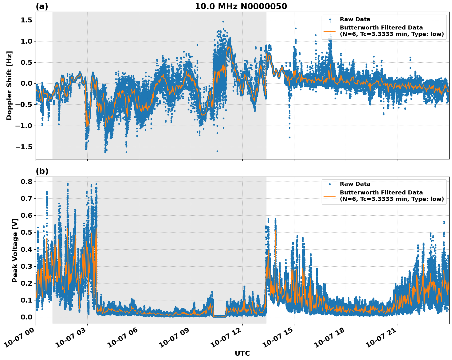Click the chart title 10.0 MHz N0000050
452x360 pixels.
[x=241, y=6]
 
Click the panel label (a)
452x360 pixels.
[x=42, y=6]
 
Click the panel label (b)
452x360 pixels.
[x=42, y=171]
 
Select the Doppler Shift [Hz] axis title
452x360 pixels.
[x=9, y=85]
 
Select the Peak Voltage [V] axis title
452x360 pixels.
[x=15, y=250]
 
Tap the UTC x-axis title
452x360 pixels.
[x=242, y=353]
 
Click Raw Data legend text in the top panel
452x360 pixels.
[x=355, y=20]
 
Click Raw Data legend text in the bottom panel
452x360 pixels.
[x=355, y=184]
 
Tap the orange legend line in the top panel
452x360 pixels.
[x=330, y=31]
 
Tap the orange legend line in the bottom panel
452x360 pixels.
[x=330, y=196]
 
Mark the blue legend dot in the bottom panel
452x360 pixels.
[x=330, y=184]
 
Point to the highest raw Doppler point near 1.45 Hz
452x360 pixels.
[x=223, y=22]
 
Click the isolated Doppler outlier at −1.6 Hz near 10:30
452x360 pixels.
[x=217, y=151]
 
